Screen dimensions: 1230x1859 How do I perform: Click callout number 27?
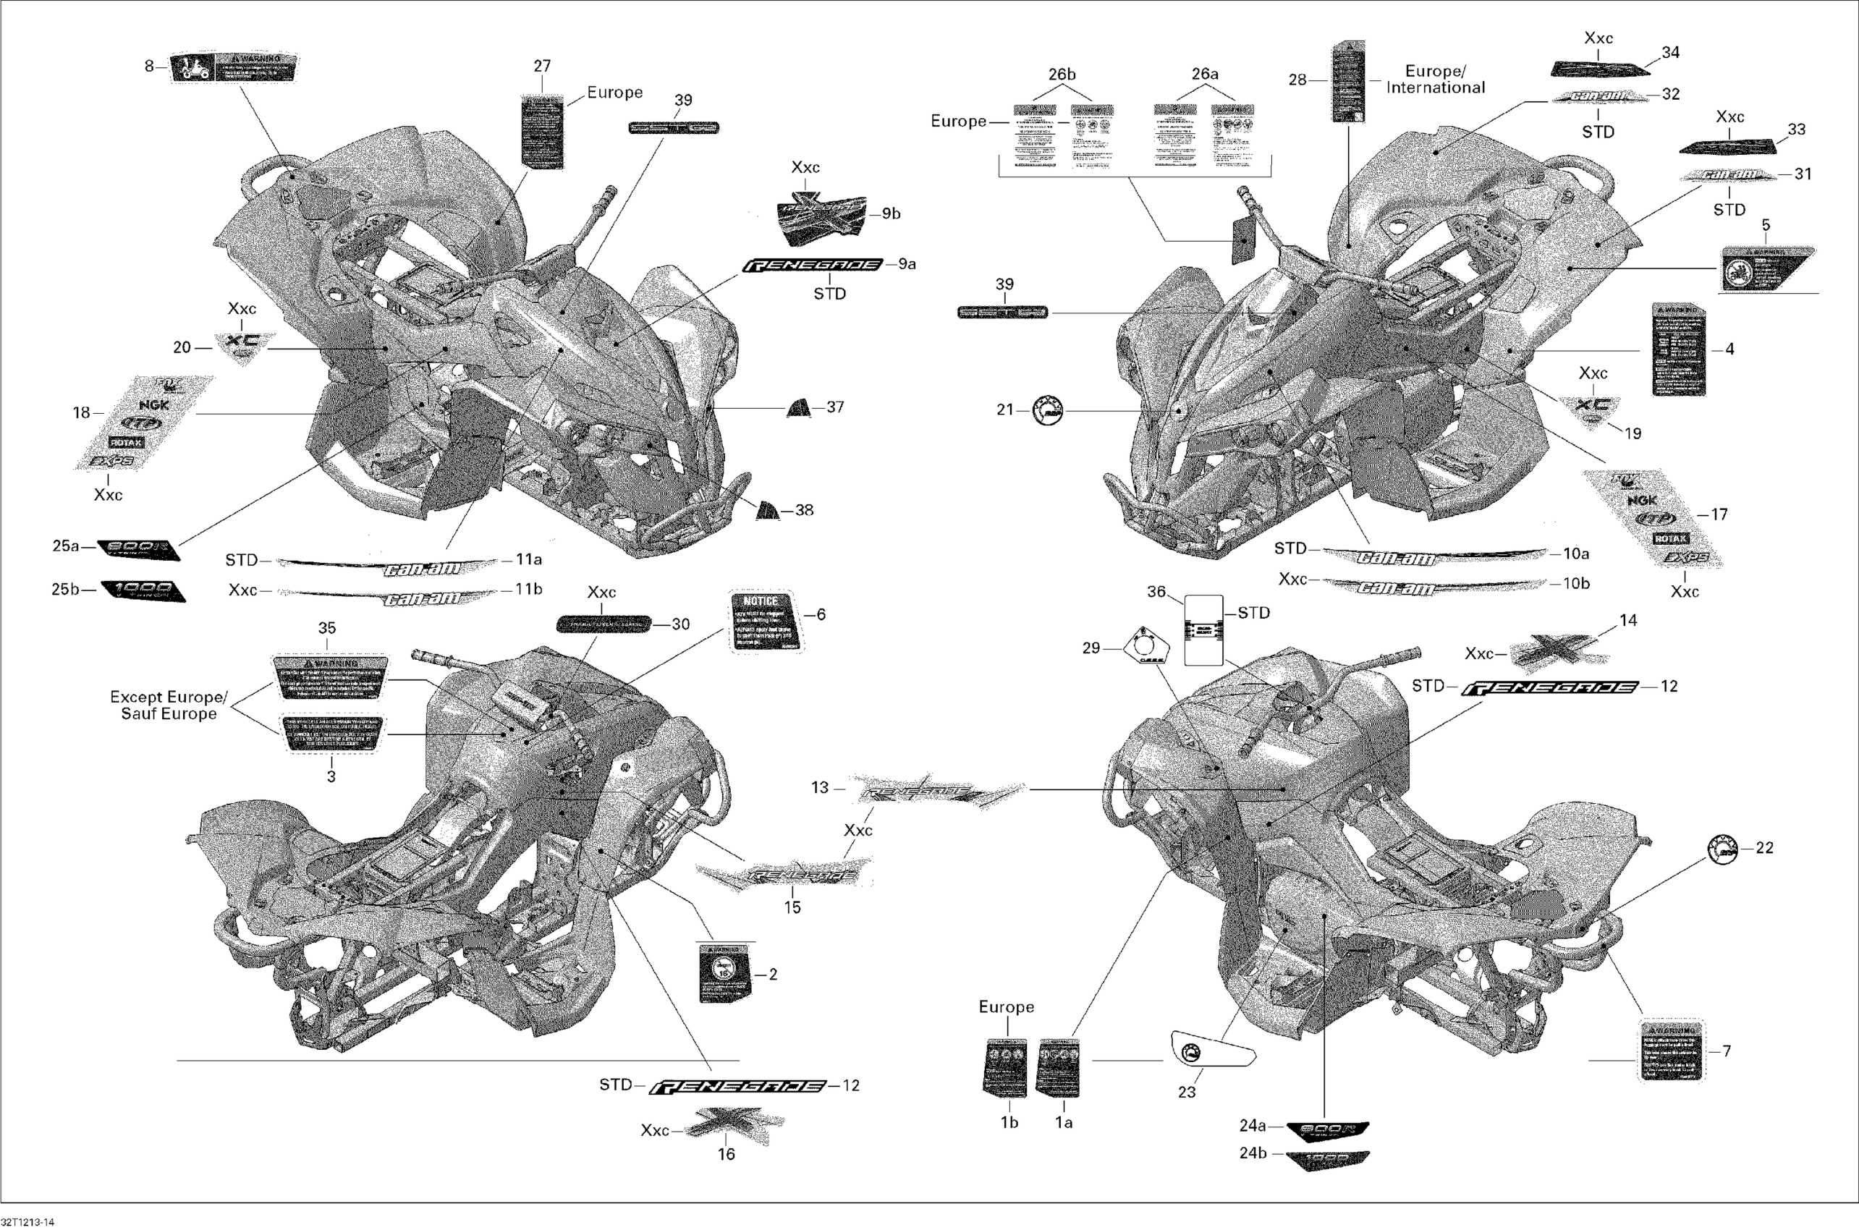pyautogui.click(x=542, y=67)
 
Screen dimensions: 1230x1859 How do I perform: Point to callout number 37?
pyautogui.click(x=834, y=407)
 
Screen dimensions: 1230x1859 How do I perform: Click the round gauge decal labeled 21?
pyautogui.click(x=1047, y=410)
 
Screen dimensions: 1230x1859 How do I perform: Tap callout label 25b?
pyautogui.click(x=66, y=589)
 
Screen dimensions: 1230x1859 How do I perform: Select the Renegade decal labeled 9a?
pyautogui.click(x=812, y=265)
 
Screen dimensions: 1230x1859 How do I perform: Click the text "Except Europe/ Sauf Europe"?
pyautogui.click(x=169, y=705)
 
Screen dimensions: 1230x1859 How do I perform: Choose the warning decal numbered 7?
pyautogui.click(x=1671, y=1051)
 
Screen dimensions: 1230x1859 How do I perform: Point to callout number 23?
pyautogui.click(x=1187, y=1092)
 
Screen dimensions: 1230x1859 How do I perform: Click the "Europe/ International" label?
pyautogui.click(x=1436, y=80)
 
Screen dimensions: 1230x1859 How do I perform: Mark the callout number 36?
pyautogui.click(x=1156, y=591)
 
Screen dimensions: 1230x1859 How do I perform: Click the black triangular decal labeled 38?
pyautogui.click(x=767, y=511)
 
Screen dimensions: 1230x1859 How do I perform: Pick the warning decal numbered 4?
pyautogui.click(x=1678, y=349)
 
